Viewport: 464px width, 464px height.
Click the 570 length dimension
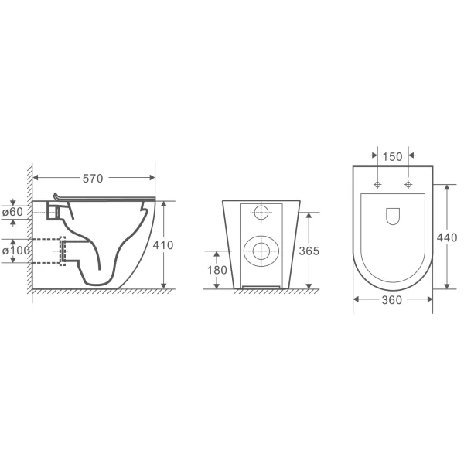point(93,179)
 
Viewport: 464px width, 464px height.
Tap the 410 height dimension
point(163,245)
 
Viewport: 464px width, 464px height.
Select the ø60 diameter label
point(12,212)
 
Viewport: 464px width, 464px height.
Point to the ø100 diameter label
point(16,251)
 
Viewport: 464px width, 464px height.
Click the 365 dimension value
point(309,251)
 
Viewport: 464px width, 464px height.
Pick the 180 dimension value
point(217,270)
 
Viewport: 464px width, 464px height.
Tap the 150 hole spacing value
point(392,157)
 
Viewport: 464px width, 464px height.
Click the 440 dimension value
point(447,237)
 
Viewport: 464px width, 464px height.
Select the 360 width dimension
point(392,300)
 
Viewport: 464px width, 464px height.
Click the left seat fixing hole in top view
point(377,185)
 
